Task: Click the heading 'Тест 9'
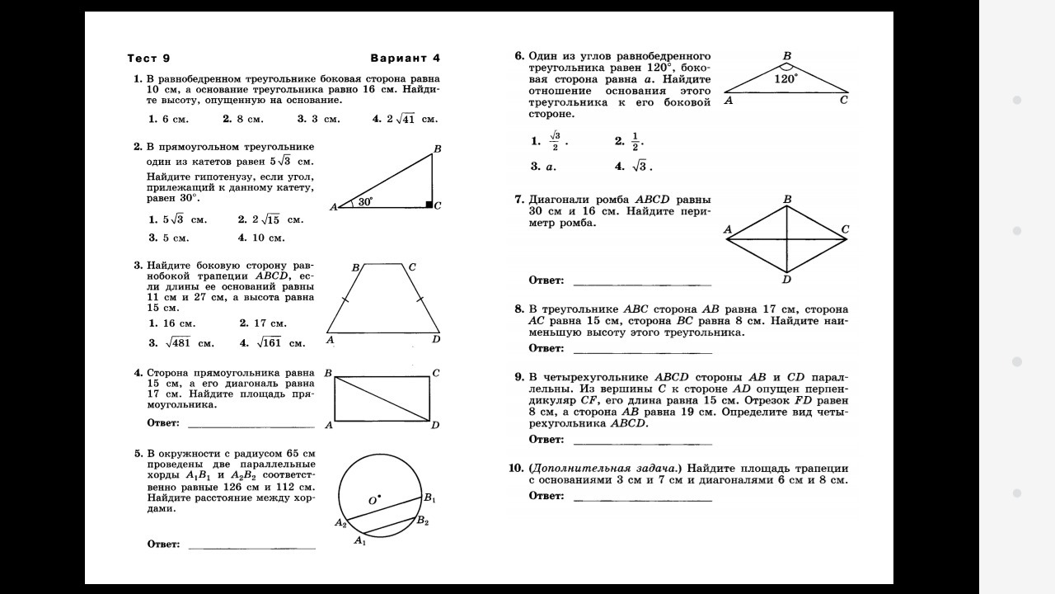(x=148, y=58)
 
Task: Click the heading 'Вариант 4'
(x=405, y=58)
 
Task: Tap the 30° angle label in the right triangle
(x=365, y=200)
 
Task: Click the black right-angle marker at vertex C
(x=429, y=204)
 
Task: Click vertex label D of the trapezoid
(x=436, y=339)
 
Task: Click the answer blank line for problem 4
(x=251, y=427)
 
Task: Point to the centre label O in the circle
(x=373, y=500)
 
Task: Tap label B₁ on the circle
(x=429, y=497)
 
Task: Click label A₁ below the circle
(x=359, y=540)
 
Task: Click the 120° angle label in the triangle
(x=785, y=79)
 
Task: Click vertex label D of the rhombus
(x=787, y=279)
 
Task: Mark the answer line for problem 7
(x=641, y=285)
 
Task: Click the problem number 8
(x=519, y=309)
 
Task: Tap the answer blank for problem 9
(x=641, y=444)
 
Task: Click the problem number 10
(x=517, y=468)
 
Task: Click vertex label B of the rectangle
(x=328, y=373)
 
